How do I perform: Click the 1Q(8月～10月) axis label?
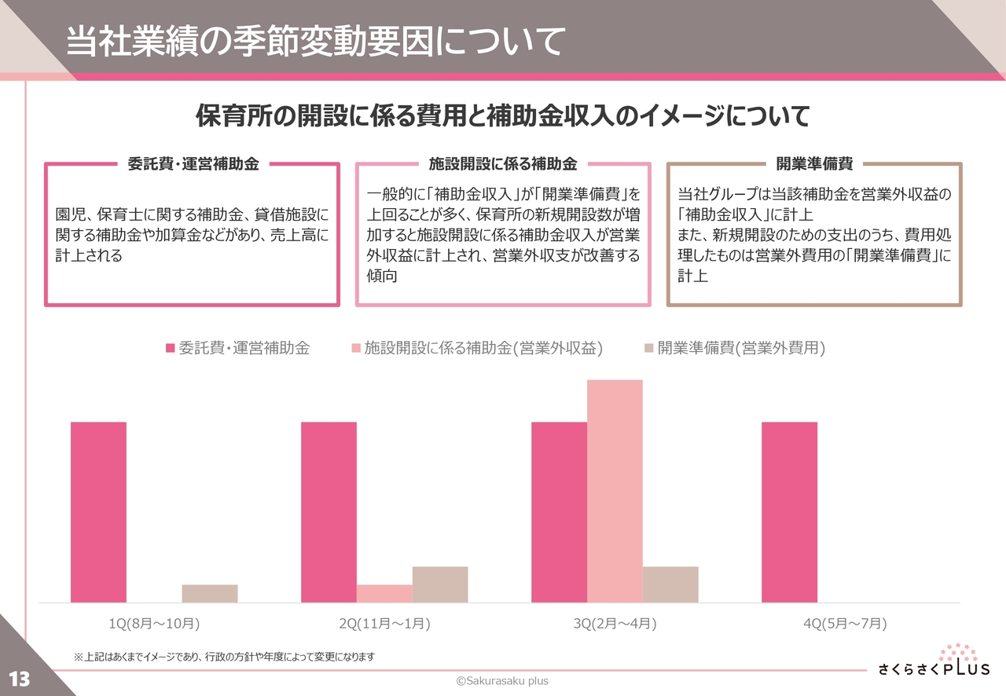pos(154,624)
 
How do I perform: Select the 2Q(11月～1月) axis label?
pos(384,624)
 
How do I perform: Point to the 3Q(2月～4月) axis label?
pos(615,624)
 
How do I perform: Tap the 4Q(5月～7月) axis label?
pos(845,624)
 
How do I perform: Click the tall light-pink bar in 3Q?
pos(615,491)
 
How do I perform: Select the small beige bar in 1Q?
pos(210,593)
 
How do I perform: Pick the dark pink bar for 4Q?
pos(789,512)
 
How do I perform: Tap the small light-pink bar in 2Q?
pos(384,593)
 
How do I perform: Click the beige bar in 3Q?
pos(670,584)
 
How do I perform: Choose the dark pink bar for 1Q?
pos(98,512)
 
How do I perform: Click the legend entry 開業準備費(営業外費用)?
pos(734,348)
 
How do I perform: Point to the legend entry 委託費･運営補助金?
pos(237,348)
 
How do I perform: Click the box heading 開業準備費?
pos(814,163)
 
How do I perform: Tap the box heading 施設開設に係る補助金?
pos(503,163)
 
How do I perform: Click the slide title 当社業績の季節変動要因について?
pos(315,42)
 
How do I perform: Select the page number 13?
pos(19,679)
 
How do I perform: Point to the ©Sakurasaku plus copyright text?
pos(503,681)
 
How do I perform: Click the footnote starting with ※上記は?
pos(224,656)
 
